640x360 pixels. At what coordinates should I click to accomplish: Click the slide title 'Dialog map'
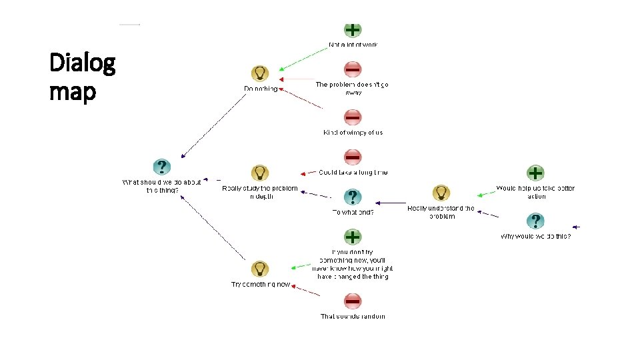83,77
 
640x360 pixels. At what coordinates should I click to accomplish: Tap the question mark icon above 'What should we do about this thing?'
161,167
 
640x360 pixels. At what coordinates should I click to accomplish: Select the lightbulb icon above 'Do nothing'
259,73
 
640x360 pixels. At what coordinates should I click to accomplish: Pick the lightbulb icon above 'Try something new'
259,269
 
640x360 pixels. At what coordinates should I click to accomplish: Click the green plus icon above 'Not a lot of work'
353,29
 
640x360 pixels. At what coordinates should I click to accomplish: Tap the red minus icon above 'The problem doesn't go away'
353,69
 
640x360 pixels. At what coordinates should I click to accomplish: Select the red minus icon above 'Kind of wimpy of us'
353,117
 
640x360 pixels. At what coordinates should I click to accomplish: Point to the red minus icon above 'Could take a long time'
353,157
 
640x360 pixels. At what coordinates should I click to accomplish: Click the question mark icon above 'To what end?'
353,197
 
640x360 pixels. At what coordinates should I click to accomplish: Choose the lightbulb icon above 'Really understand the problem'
441,193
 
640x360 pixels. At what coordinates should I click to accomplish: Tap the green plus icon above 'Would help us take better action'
535,173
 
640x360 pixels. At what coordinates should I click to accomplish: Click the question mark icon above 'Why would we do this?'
535,221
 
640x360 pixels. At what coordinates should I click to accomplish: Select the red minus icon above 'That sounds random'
353,301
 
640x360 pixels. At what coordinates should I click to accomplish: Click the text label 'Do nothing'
261,89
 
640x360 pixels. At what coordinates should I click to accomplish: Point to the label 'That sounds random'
353,317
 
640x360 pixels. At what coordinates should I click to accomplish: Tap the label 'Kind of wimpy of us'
353,133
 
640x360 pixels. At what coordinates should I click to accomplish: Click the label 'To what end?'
353,213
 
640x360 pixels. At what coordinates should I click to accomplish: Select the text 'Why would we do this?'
535,236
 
